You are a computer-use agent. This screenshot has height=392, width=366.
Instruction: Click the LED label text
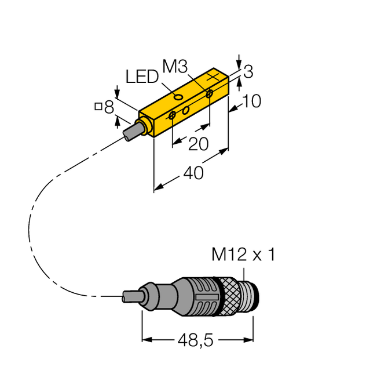[x=141, y=77]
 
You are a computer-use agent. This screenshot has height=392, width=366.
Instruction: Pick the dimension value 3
[x=248, y=72]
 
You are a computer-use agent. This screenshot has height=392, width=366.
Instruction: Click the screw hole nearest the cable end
[x=173, y=116]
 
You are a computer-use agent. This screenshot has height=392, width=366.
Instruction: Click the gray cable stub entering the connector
[x=131, y=296]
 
